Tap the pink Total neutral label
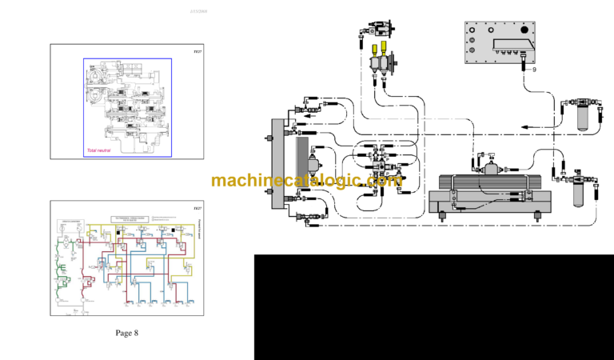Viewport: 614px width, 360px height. [x=101, y=150]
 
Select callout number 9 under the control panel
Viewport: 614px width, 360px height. [x=533, y=70]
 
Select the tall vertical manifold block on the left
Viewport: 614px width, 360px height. [x=278, y=163]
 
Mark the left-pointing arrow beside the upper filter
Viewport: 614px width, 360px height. [x=528, y=126]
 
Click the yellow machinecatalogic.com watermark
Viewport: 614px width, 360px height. [x=307, y=181]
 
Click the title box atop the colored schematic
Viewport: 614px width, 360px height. [x=131, y=219]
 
